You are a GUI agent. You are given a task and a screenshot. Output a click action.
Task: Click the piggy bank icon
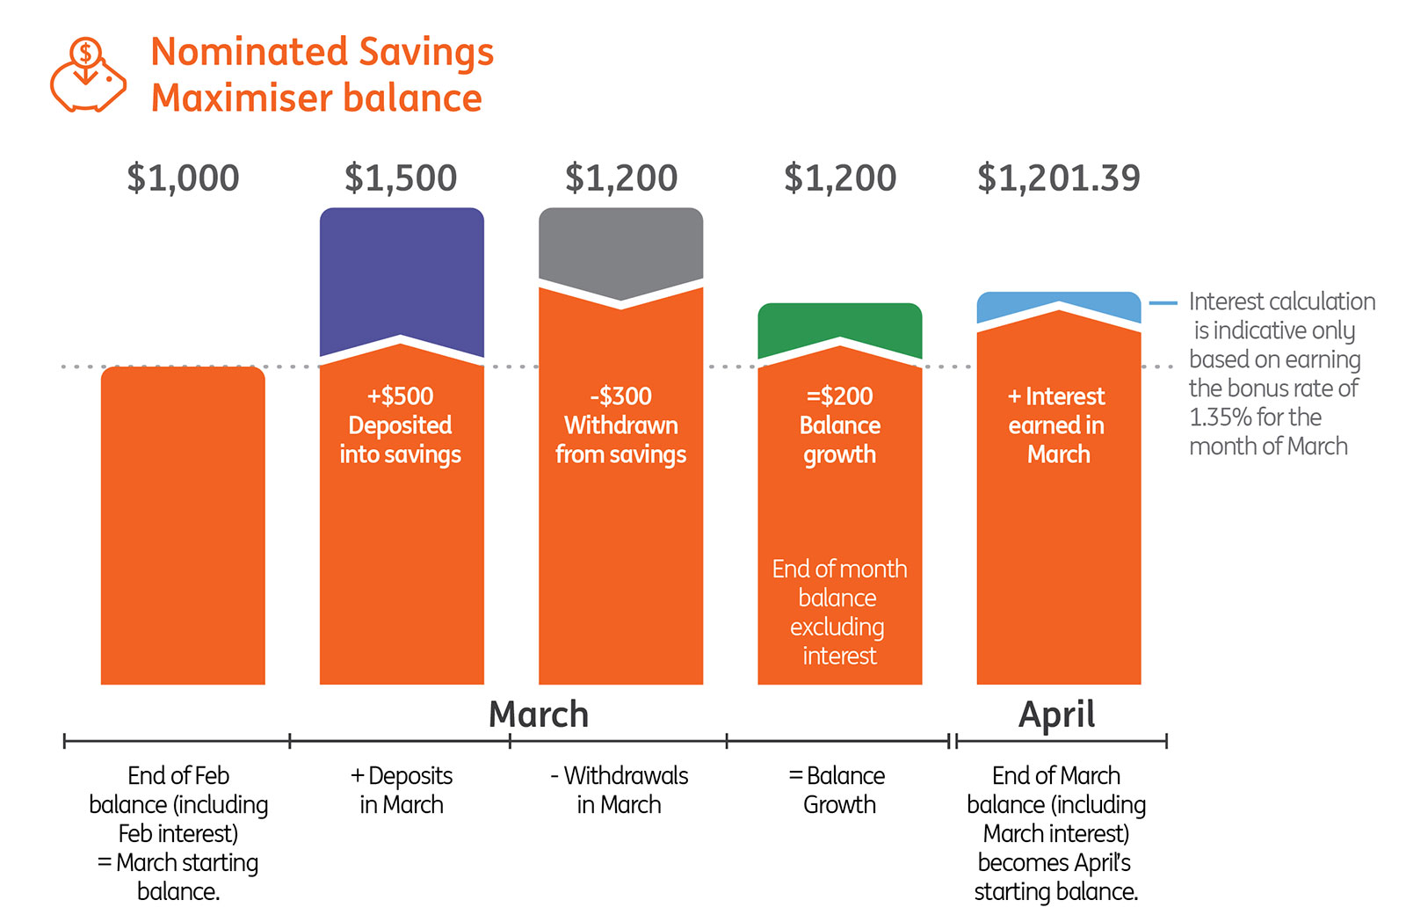[88, 75]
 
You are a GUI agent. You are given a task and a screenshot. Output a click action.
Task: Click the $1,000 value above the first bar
[184, 178]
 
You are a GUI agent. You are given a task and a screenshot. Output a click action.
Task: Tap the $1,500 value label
[401, 178]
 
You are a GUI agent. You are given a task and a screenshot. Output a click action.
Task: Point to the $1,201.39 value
[1059, 178]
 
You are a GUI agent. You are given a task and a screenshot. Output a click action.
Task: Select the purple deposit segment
[402, 276]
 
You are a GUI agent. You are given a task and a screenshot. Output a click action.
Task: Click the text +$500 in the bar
[401, 396]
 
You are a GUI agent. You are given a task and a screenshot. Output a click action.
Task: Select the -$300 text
[620, 396]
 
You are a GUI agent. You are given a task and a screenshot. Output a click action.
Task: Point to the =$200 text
[840, 396]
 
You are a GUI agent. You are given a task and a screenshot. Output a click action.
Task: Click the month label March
[539, 715]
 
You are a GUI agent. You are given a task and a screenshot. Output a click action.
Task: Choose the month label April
[1057, 715]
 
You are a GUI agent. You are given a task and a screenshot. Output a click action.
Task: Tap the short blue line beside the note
[1163, 303]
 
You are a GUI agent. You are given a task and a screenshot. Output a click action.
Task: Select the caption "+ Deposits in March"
[402, 790]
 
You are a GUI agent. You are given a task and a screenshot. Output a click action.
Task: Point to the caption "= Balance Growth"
[838, 790]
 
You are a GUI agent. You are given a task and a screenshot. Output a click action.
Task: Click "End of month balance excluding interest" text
[840, 612]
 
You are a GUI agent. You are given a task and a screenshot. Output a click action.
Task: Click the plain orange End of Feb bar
[183, 526]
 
